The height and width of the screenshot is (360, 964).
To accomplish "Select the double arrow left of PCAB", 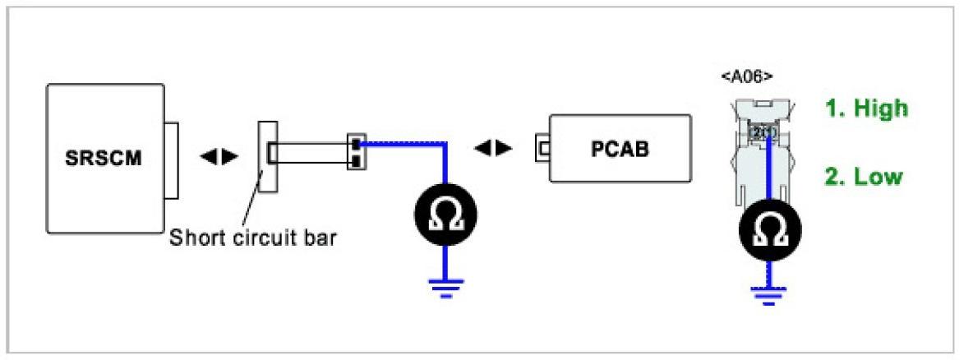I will coord(494,148).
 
